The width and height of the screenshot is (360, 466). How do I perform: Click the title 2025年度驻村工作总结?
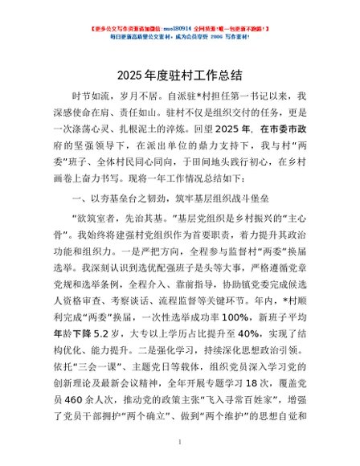(180, 77)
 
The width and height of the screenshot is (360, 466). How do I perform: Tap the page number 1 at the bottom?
(180, 441)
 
